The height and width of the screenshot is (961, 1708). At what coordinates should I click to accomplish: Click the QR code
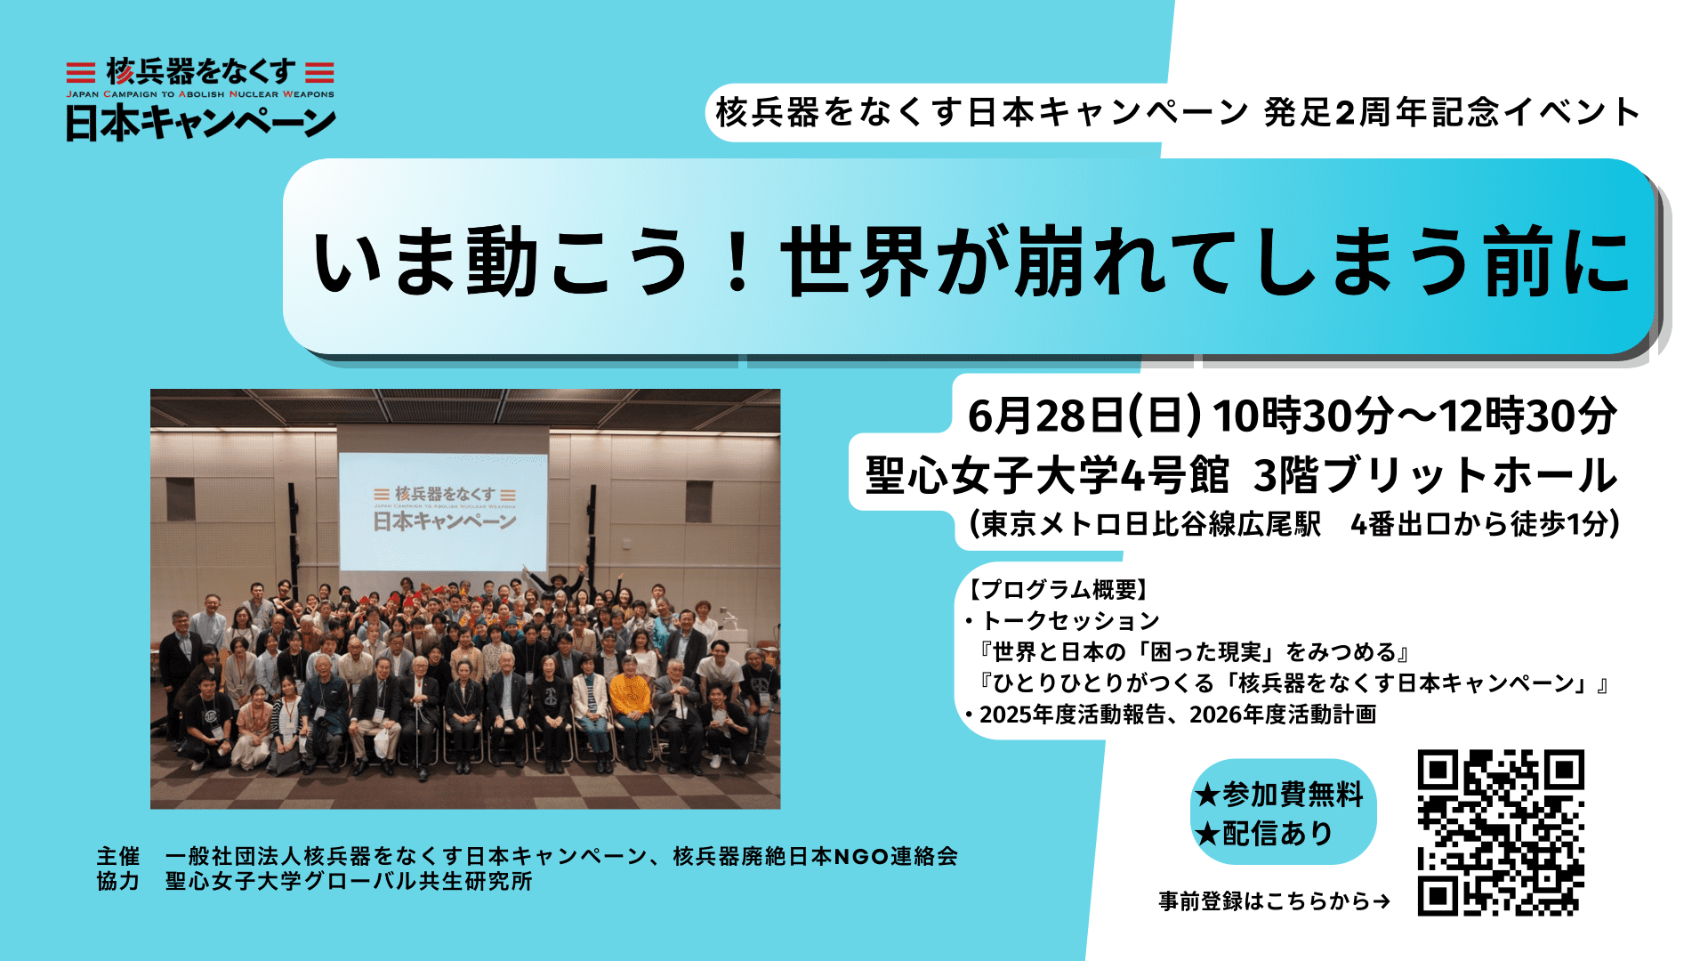click(1501, 833)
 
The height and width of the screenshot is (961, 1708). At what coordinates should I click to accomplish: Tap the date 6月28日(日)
click(1084, 416)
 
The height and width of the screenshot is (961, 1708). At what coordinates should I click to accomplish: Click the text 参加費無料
click(1293, 794)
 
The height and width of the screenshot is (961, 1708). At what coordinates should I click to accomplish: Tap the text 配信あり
click(1277, 834)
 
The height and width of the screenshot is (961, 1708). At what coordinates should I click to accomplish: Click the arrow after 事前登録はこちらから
click(1382, 901)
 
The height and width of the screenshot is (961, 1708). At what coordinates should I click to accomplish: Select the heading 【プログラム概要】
click(1059, 589)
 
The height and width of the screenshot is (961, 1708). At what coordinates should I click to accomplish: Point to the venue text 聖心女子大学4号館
click(1047, 475)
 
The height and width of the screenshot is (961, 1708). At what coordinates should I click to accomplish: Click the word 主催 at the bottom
click(118, 857)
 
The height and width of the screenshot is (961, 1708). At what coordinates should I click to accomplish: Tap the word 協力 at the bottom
click(118, 882)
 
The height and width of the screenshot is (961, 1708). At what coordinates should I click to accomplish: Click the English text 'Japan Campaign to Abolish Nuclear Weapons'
click(200, 94)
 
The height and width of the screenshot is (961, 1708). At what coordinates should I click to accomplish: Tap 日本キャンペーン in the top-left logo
click(200, 123)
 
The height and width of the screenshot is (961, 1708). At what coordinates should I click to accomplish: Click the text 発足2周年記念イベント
click(1452, 112)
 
